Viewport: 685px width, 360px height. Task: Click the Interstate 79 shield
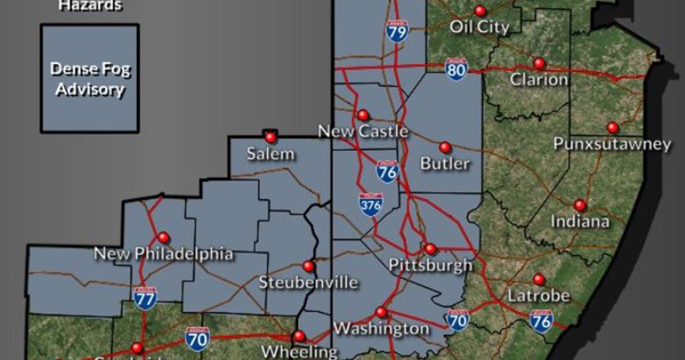tap(397, 30)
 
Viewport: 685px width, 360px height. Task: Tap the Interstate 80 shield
tap(456, 69)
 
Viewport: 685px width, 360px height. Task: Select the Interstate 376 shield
tap(371, 204)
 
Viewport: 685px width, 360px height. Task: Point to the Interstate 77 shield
tap(144, 297)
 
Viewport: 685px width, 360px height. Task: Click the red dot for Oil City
tap(480, 11)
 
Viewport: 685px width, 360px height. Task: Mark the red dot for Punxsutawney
tap(612, 127)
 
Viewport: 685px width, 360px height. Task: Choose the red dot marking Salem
tap(270, 137)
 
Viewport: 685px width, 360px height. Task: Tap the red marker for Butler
tap(445, 147)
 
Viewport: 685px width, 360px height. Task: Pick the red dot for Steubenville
tap(308, 266)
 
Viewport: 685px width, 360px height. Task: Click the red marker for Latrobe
tap(539, 279)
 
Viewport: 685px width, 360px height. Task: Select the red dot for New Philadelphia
tap(163, 237)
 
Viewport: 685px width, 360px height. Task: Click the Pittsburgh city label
tap(430, 265)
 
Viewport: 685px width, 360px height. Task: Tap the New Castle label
tap(363, 131)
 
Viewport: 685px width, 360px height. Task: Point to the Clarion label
tap(539, 80)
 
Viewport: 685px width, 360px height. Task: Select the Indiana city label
tap(579, 221)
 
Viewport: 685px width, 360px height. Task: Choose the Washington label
tap(381, 329)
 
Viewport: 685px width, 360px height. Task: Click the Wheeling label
tap(299, 351)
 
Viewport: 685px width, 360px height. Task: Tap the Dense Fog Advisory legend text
tap(90, 78)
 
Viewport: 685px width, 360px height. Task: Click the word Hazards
tap(90, 6)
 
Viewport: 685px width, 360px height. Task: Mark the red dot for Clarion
tap(539, 63)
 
